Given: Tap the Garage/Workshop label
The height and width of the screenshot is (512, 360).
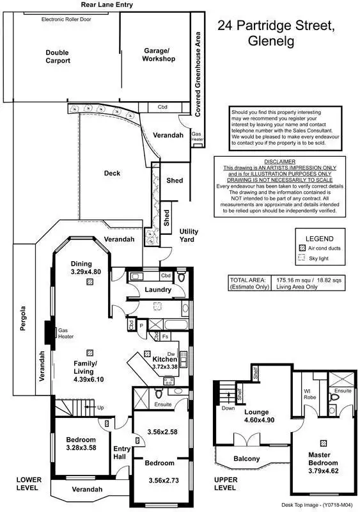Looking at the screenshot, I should [159, 54].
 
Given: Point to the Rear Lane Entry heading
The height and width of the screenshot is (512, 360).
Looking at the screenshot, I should [107, 4].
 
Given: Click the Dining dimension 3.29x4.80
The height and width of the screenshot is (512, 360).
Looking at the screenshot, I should [81, 272].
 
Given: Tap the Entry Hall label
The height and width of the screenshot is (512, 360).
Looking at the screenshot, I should [121, 452].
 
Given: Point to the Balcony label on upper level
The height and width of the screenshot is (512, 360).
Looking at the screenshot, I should [246, 458].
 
